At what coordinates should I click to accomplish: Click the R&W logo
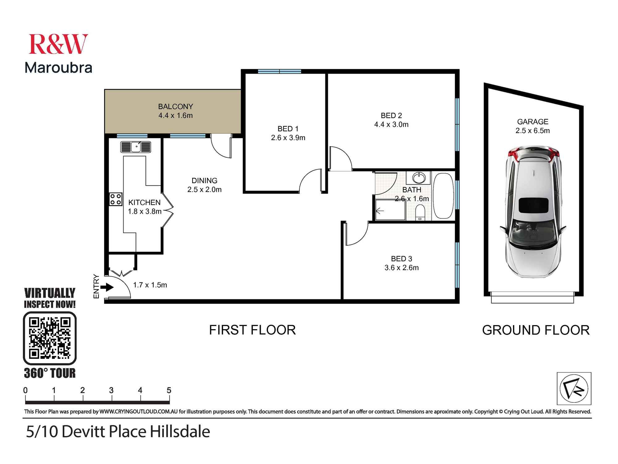[58, 44]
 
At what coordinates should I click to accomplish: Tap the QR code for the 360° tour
[50, 338]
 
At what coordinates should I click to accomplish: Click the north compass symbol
[574, 389]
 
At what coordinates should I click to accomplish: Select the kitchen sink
[136, 147]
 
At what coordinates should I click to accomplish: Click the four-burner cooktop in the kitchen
[116, 199]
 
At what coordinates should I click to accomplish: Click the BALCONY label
[176, 106]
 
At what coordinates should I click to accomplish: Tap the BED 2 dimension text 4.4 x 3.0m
[391, 125]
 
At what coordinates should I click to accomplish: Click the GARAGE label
[532, 122]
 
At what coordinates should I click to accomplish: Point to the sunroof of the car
[533, 206]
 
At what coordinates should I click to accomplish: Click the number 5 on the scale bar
[169, 390]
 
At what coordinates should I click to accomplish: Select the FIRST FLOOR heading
[252, 330]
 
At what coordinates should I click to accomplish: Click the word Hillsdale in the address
[180, 432]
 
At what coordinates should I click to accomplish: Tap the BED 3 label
[401, 259]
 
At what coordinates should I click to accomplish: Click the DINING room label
[204, 181]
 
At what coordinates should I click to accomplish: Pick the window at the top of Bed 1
[279, 71]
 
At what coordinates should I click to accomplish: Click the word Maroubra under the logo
[58, 68]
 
